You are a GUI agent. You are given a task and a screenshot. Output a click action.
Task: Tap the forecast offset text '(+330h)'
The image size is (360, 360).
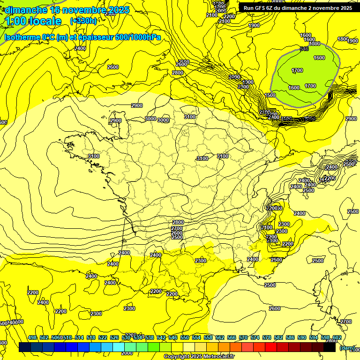tap(83, 21)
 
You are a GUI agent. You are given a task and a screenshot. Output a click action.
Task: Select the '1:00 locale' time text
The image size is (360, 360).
tap(33, 21)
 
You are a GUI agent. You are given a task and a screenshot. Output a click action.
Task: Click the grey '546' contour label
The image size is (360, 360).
tap(304, 49)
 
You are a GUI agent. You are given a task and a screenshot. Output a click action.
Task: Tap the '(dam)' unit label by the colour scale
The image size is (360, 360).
tap(347, 348)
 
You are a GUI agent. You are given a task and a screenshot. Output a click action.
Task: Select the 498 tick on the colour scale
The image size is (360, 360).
tap(32, 337)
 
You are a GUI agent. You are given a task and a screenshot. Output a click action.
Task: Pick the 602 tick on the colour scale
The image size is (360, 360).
tap(337, 337)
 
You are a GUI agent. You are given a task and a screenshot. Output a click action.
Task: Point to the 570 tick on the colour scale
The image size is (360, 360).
tap(243, 337)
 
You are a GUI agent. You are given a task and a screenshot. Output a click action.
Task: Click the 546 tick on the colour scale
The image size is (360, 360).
tap(172, 337)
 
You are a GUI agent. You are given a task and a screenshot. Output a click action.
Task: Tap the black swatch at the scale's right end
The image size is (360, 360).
tap(330, 347)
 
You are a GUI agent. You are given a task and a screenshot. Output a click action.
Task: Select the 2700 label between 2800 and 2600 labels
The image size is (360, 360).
tap(177, 228)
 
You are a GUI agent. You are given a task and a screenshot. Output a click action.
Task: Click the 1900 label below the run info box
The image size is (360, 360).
tap(254, 25)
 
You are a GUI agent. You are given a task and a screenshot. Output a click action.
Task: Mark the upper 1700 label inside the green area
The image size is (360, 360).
tap(297, 70)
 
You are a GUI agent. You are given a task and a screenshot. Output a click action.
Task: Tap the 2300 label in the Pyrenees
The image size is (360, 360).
tap(201, 261)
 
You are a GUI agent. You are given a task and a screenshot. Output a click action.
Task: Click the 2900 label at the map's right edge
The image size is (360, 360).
tap(351, 119)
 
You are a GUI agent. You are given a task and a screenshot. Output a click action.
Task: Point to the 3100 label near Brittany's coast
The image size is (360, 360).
tap(94, 156)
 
